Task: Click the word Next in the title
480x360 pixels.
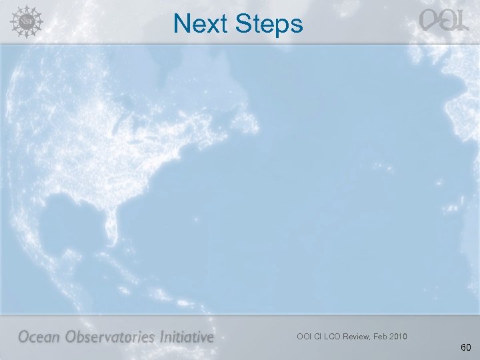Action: tap(199, 24)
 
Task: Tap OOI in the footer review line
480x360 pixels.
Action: tap(304, 336)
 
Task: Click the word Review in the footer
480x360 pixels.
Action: tap(361, 336)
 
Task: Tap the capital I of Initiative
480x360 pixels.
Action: tap(161, 337)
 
